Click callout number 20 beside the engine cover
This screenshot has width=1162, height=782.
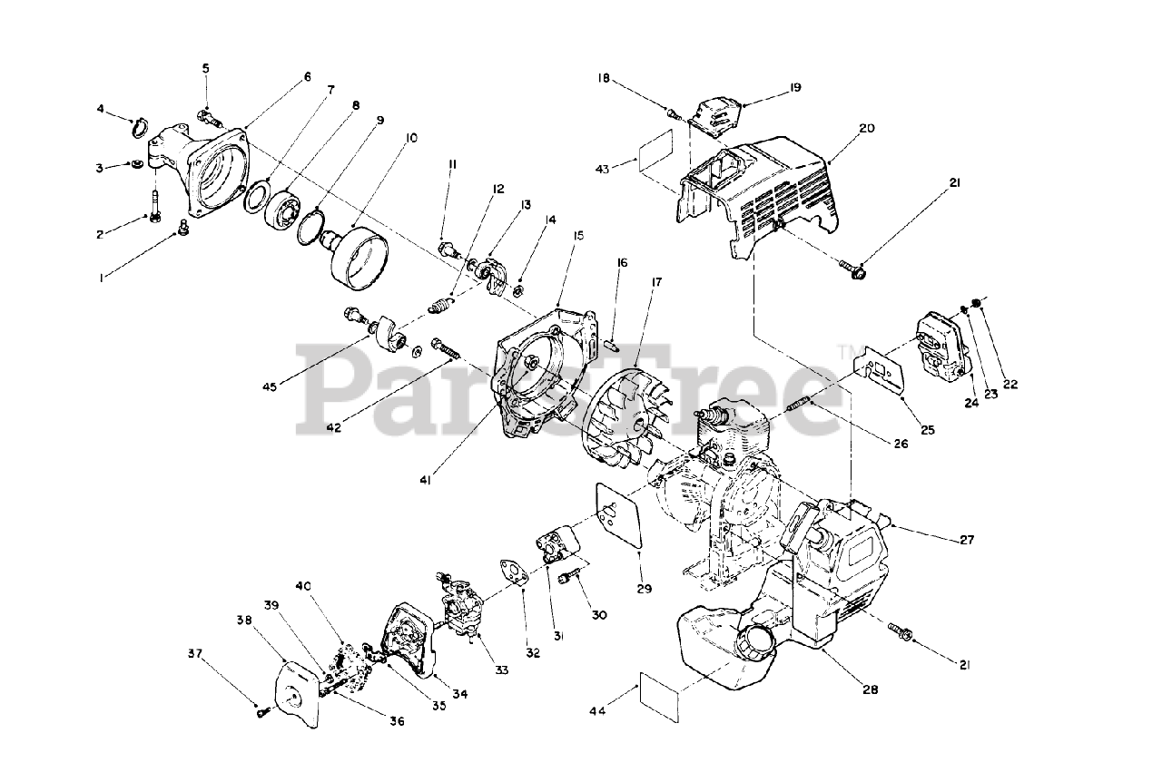click(866, 129)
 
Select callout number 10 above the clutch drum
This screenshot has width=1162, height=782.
click(411, 139)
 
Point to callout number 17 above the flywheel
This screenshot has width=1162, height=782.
click(655, 282)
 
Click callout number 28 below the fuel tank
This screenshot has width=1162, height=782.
click(869, 689)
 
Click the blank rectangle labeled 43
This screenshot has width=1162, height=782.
click(655, 150)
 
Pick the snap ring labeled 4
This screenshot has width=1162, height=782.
click(140, 126)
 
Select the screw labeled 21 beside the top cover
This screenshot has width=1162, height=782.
click(855, 269)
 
